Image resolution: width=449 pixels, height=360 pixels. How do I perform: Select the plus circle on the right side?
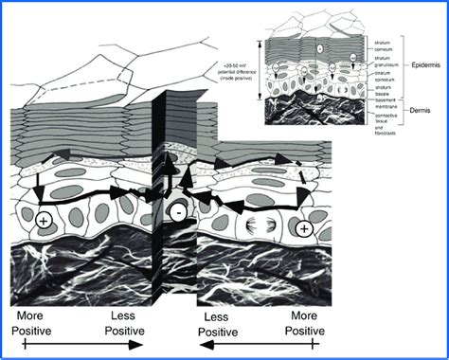coord(302,228)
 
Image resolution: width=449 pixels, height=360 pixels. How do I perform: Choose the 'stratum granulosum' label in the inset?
coord(381,61)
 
